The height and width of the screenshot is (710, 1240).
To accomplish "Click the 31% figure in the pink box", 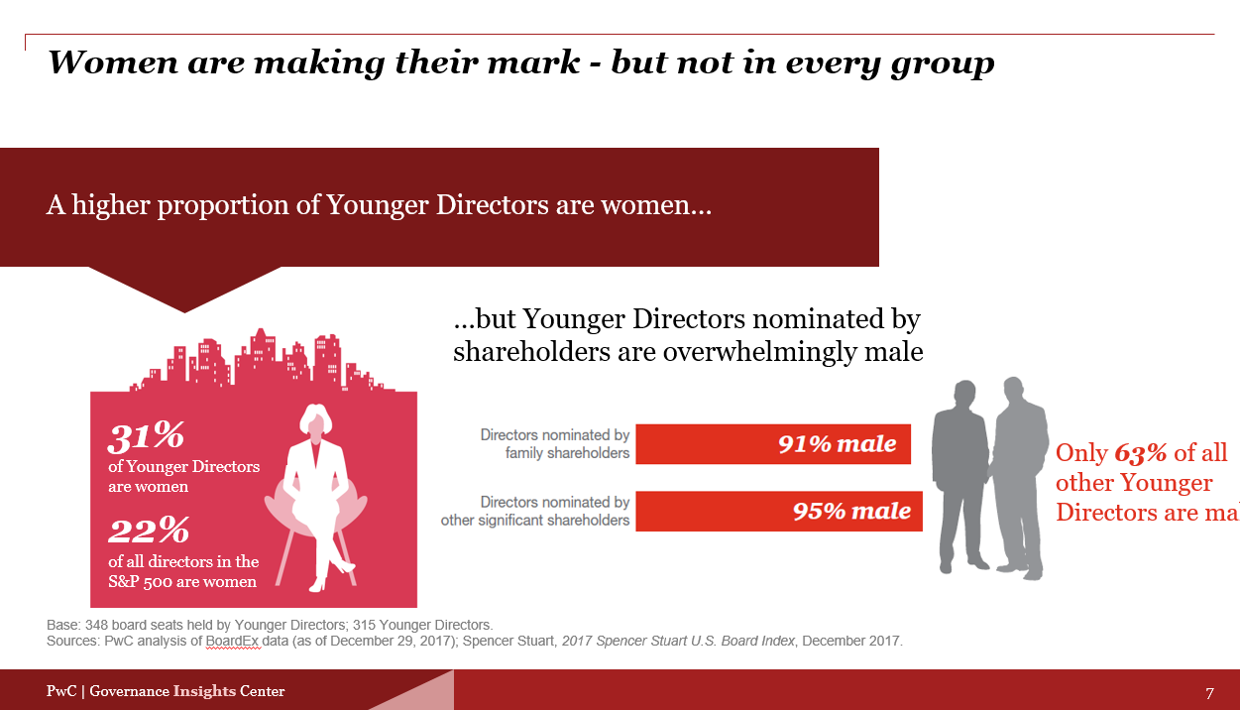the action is point(146,436).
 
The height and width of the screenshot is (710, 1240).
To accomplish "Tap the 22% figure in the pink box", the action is point(149,530).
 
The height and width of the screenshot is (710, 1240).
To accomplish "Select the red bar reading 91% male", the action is point(773,444).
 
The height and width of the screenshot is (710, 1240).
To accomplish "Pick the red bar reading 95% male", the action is point(779,511).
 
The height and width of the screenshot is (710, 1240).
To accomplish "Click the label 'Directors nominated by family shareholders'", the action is point(555,443).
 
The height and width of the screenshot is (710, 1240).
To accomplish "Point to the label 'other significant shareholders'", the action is point(534,520).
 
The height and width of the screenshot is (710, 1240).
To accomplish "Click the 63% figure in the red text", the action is point(1140,453).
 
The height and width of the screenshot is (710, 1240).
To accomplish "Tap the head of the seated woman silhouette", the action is point(315,420).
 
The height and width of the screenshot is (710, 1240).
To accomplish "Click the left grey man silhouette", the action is point(959,476).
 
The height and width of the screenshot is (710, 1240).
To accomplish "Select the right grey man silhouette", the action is point(1020,477).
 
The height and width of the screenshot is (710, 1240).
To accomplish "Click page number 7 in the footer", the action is point(1209,693).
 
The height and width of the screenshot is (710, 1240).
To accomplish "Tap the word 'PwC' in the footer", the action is point(61,691).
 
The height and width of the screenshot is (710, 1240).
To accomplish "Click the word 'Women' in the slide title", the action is point(113,62).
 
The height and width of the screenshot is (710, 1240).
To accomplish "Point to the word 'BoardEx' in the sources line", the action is point(232,641).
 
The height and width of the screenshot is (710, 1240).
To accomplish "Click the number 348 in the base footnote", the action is point(96,625).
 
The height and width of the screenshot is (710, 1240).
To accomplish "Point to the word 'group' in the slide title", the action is point(943,63).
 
